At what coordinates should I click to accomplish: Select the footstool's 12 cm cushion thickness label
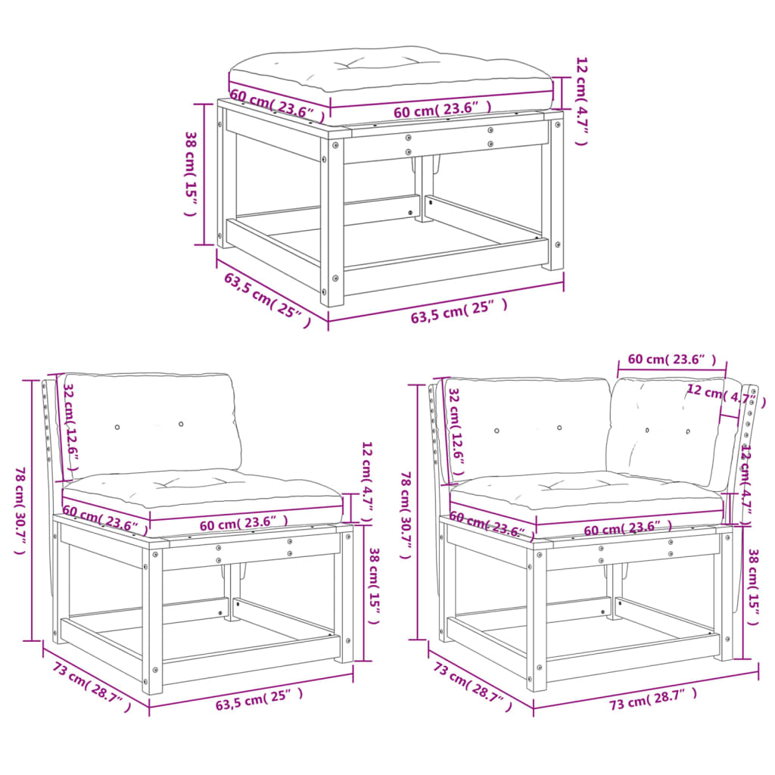tap(581, 99)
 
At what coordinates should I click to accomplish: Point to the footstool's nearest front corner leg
tap(332, 219)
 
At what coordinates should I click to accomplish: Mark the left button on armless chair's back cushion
tap(117, 428)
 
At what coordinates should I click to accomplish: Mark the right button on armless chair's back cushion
tap(181, 424)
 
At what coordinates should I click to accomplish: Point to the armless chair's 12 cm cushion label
tap(367, 483)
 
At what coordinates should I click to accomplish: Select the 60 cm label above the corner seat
tap(671, 359)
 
